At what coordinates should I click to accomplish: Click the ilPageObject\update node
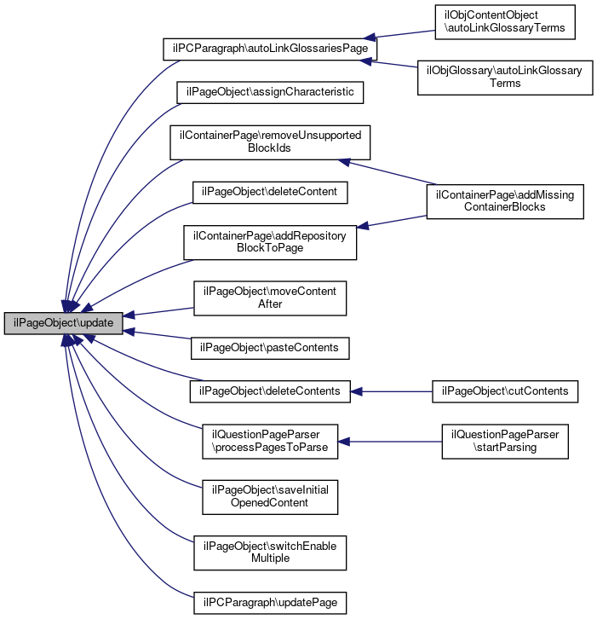click(64, 324)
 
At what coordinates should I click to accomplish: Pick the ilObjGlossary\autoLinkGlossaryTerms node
click(504, 78)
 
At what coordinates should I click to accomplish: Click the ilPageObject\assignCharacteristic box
click(269, 91)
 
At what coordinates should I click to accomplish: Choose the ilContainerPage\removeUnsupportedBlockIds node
click(269, 142)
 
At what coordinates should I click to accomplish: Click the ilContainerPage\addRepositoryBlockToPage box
click(270, 242)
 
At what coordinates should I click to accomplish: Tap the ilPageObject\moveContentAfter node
click(270, 298)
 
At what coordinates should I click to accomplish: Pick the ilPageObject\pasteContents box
click(270, 348)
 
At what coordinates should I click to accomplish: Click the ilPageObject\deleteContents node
click(269, 391)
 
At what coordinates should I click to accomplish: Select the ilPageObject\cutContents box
click(505, 391)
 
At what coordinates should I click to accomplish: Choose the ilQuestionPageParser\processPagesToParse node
click(270, 441)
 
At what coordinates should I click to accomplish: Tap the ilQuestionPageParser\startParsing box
click(505, 441)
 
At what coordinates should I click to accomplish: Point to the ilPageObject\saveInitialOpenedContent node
click(270, 496)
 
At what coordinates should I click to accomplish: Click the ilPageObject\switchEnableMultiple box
click(270, 552)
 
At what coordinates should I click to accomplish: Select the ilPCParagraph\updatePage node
click(270, 602)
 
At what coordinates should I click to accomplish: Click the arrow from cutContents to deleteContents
click(392, 391)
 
